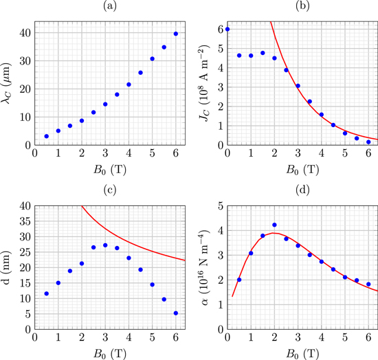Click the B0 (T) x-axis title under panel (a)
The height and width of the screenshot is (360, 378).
pos(105,169)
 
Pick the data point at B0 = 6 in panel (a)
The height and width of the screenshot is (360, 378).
pos(176,34)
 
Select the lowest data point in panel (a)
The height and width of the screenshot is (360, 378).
pos(47,136)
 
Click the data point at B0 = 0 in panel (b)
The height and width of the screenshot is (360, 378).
pos(227,30)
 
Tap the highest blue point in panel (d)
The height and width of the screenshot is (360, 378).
pos(274,225)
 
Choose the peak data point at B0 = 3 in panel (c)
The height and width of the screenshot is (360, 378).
pos(105,245)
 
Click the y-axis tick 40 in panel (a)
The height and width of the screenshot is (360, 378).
pos(24,32)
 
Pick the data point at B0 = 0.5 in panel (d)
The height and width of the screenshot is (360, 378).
pos(239,280)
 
